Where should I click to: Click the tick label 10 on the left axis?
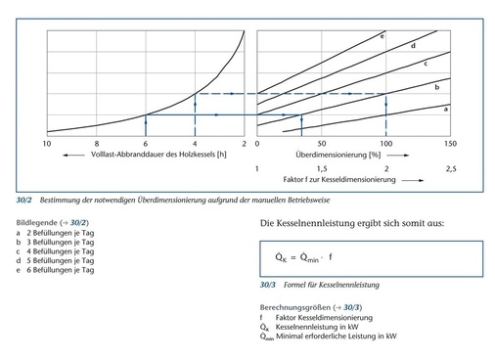47,144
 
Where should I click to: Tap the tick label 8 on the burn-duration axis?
97,144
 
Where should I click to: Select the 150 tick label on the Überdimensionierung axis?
450,144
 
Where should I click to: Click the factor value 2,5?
450,168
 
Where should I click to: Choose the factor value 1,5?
321,168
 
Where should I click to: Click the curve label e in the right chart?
382,35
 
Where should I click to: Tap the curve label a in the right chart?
446,110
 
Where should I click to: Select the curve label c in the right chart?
426,64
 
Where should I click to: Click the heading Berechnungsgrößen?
292,309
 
